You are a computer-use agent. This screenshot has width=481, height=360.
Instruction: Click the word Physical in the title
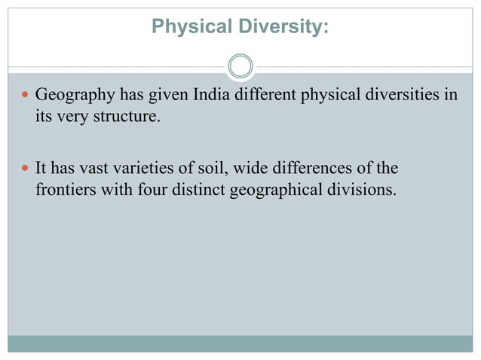(x=182, y=27)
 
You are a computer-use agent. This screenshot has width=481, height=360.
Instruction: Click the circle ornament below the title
(x=240, y=66)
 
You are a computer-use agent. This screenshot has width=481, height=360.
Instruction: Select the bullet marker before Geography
(x=25, y=97)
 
